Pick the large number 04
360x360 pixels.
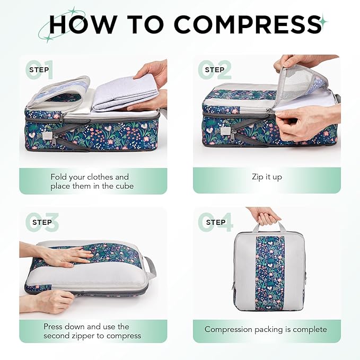click(x=215, y=222)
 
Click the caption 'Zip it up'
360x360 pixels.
click(x=267, y=177)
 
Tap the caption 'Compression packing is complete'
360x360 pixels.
click(x=266, y=329)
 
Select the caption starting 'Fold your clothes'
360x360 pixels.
click(x=90, y=181)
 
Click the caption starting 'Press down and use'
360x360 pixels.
click(x=92, y=331)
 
